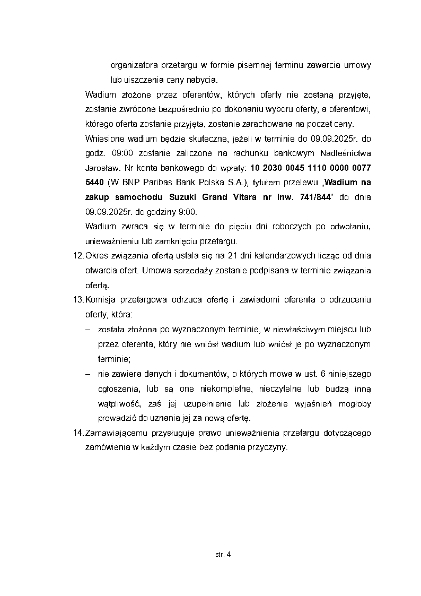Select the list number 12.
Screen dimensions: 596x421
77,255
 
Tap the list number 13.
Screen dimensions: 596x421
77,300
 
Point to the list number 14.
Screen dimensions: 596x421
77,433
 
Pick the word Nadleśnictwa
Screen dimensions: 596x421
346,154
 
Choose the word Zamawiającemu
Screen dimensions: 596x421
121,433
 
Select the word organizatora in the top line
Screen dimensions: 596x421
135,65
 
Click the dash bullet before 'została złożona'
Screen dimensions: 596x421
88,330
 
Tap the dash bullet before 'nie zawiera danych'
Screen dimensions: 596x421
88,374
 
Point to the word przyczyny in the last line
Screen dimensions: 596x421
269,447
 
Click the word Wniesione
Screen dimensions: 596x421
104,139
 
